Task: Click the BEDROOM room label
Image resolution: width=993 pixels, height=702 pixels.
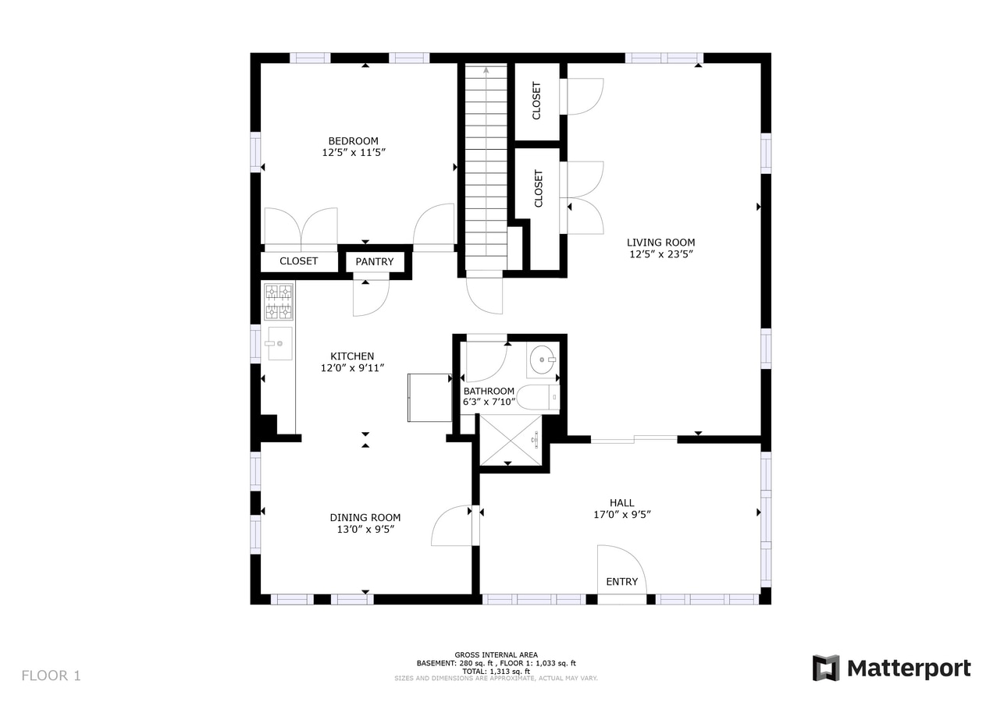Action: click(353, 141)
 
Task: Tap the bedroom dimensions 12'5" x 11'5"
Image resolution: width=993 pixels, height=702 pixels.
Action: click(353, 153)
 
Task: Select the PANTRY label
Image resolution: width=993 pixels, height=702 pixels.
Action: click(375, 261)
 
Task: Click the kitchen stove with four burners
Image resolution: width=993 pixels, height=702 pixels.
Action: click(279, 302)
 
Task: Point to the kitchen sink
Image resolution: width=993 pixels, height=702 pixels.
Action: click(279, 343)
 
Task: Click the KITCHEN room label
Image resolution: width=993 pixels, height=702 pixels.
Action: click(352, 356)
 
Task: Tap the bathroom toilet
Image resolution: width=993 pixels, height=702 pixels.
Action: click(539, 398)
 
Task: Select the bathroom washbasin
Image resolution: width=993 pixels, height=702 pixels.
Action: click(542, 360)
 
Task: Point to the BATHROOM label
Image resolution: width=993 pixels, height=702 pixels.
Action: click(489, 391)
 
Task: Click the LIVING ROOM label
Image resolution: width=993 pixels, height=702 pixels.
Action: click(660, 243)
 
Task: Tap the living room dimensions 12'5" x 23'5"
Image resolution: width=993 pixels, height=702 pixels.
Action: click(660, 254)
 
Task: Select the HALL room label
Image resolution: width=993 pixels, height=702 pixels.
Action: click(622, 503)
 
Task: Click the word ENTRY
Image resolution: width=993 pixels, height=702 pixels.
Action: click(622, 581)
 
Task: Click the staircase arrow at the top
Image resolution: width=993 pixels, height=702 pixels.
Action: click(486, 71)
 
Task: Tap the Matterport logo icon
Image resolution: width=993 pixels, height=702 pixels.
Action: click(826, 668)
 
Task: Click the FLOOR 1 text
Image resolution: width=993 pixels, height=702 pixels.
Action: click(51, 675)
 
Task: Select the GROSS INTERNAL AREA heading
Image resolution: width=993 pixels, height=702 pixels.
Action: click(496, 654)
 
